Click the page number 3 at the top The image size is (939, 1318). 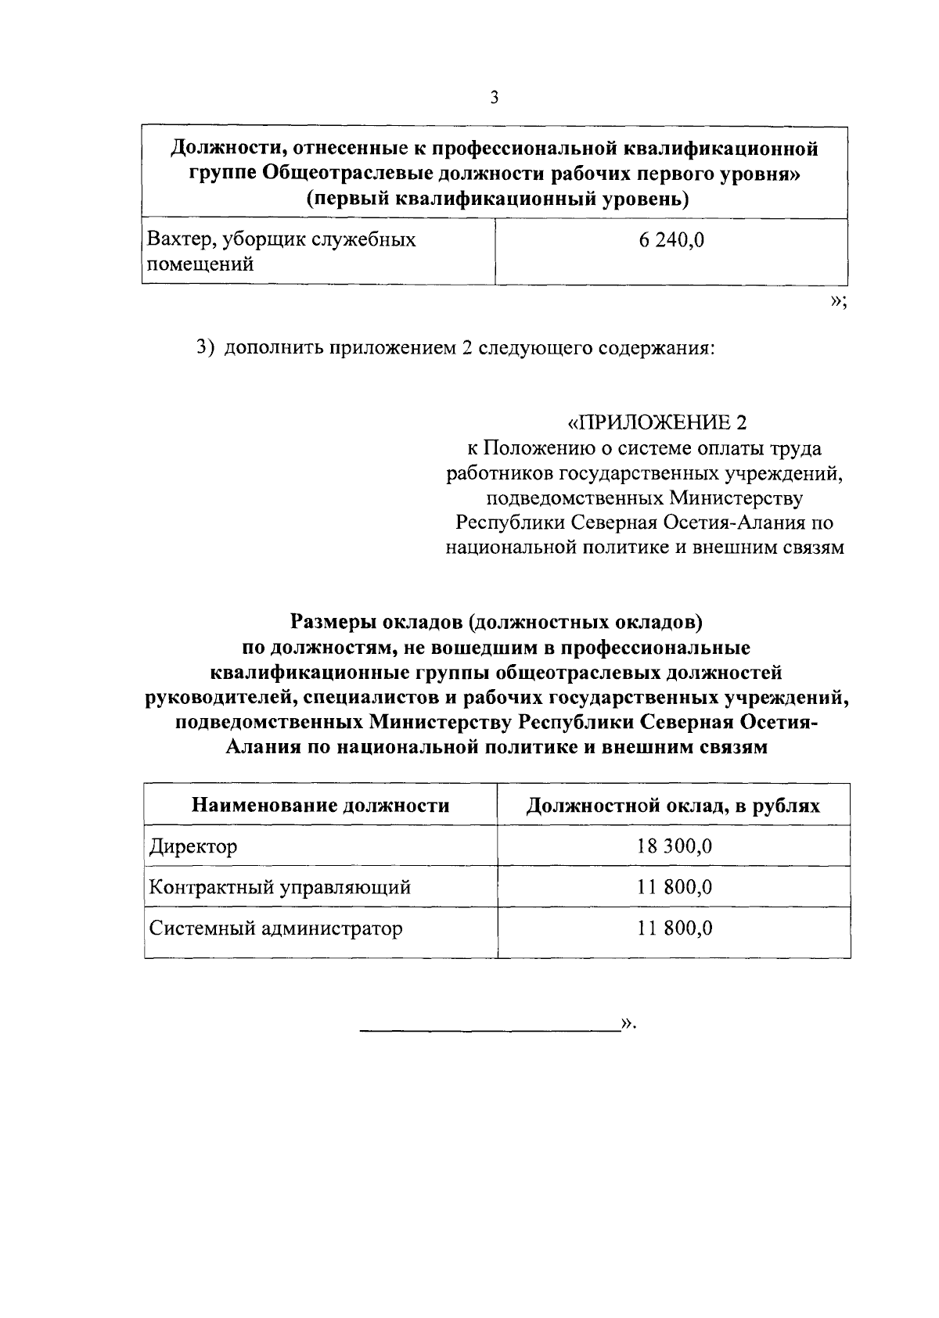click(x=494, y=98)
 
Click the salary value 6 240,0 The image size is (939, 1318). click(x=671, y=240)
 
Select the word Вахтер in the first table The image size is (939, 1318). click(x=174, y=239)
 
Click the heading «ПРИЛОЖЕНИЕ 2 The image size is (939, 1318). click(x=657, y=423)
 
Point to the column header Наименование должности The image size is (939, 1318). click(x=321, y=805)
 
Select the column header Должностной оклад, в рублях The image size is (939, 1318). click(x=673, y=805)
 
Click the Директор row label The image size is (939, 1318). click(x=193, y=846)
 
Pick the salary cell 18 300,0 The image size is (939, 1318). click(x=674, y=846)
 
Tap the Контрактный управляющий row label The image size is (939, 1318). click(x=280, y=887)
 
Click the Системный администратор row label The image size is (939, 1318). click(x=276, y=928)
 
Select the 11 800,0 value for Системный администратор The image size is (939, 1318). click(x=674, y=928)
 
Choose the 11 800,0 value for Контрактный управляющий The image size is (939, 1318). click(x=674, y=887)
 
